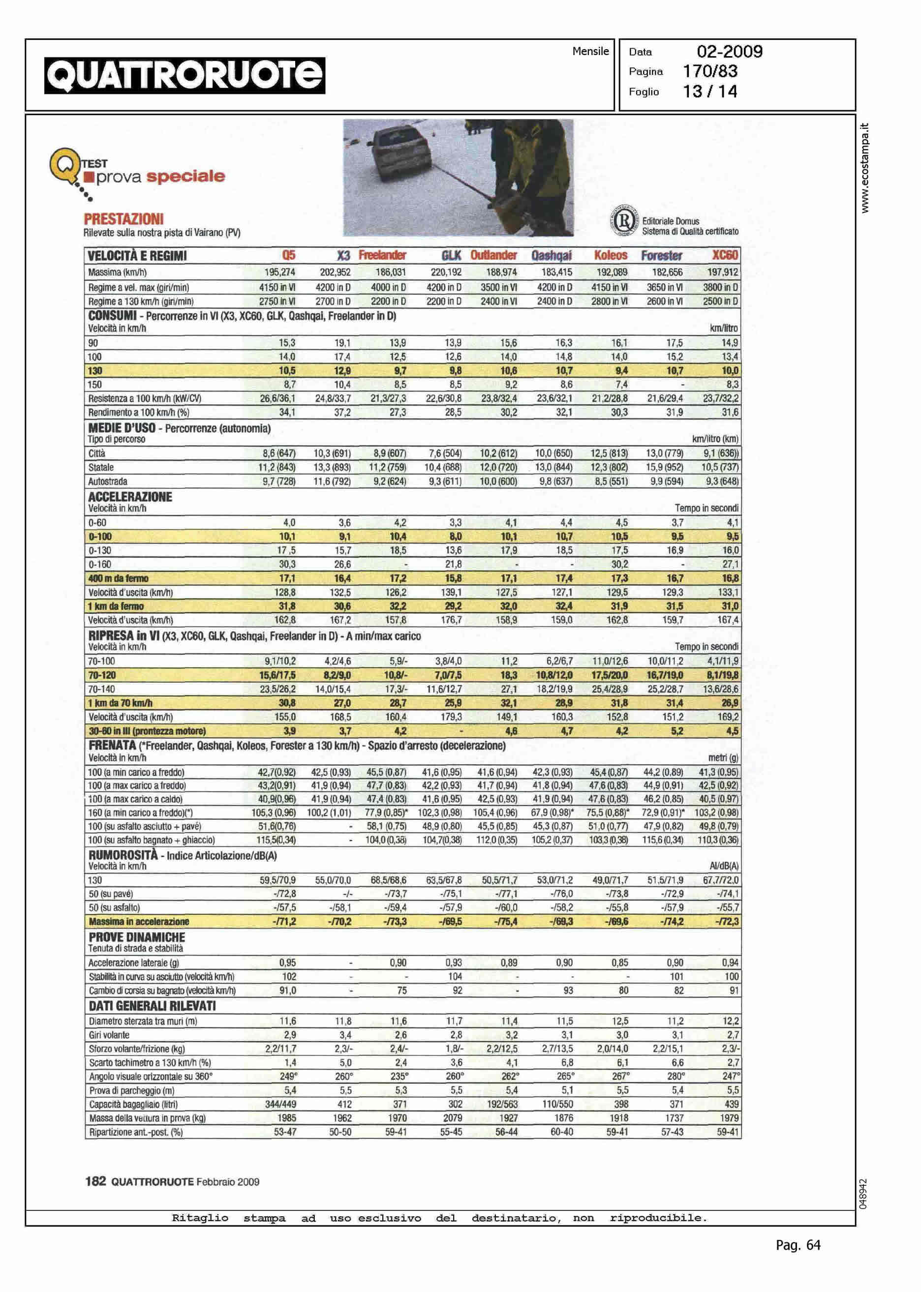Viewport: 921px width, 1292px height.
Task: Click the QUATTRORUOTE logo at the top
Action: (185, 75)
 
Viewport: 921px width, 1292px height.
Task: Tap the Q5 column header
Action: (289, 256)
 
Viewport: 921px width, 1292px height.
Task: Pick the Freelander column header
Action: (382, 256)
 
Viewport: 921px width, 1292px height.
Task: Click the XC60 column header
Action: (725, 256)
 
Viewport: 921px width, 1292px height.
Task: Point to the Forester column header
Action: (661, 256)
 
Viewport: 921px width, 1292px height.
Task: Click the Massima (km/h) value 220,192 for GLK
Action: (446, 272)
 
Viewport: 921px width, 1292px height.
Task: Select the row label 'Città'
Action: (97, 453)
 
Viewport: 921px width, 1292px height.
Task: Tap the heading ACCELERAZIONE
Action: (130, 497)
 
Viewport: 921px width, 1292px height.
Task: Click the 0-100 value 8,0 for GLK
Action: (456, 536)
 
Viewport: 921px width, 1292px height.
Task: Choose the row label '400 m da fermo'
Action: (119, 578)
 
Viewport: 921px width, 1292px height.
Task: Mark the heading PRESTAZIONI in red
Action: (123, 219)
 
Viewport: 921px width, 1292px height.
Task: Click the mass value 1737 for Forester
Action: (674, 1117)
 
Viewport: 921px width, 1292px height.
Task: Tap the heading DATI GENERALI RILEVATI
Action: (152, 1006)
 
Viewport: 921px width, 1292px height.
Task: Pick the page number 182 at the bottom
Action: (95, 1181)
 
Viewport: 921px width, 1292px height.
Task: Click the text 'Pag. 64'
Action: (798, 1245)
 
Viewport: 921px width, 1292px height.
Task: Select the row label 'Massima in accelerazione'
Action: (139, 921)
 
